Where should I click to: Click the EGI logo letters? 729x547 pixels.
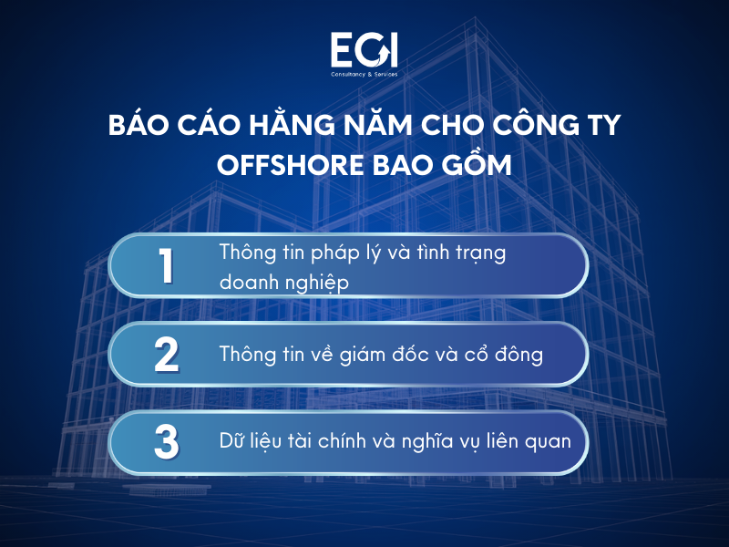coord(364,50)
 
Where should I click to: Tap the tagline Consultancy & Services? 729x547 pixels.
coord(364,74)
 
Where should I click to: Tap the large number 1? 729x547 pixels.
coord(166,266)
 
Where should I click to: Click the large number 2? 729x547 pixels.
coord(166,354)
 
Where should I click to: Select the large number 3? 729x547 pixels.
coord(166,441)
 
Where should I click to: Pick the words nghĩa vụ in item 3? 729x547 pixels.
coord(448,442)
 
